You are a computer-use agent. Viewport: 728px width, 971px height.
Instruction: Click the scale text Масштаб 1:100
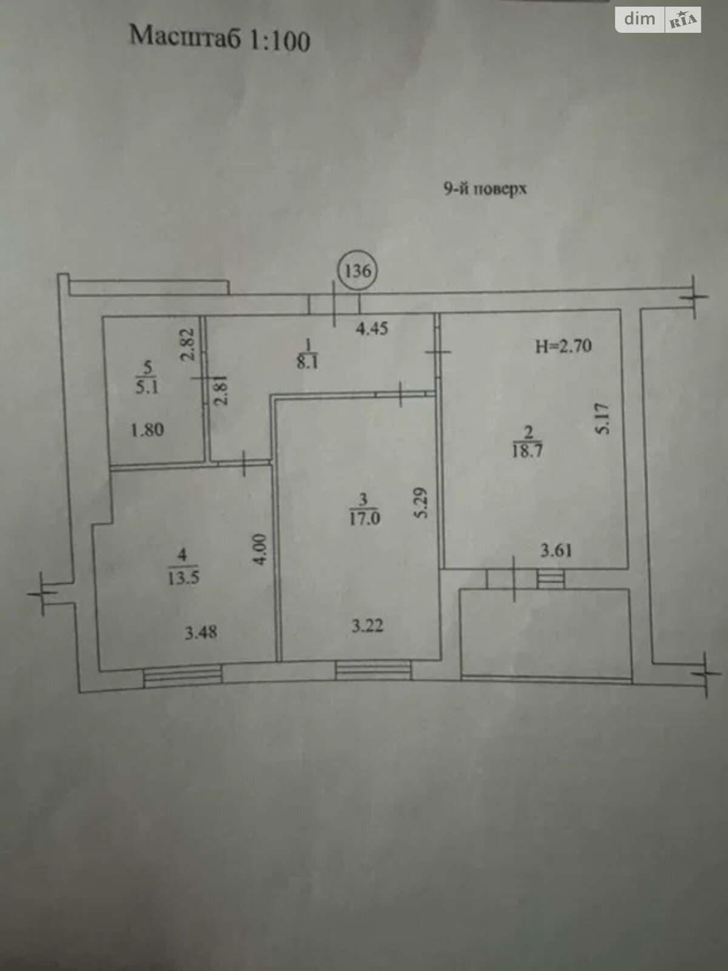coord(220,38)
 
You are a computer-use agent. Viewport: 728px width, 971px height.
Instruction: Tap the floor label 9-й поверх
coord(485,189)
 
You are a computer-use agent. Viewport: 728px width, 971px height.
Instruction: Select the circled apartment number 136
coord(357,270)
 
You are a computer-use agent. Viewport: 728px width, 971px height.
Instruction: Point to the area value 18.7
coord(527,452)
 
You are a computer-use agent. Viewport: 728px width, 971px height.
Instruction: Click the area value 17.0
coord(364,518)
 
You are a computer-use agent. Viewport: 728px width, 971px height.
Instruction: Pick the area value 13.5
coord(183,578)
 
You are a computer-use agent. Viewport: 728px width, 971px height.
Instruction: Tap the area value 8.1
coord(308,363)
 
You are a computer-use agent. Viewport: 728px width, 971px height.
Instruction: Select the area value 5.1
coord(147,388)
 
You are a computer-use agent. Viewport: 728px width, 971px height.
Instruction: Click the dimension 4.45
coord(372,329)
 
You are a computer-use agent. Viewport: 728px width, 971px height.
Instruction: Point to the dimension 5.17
coord(604,419)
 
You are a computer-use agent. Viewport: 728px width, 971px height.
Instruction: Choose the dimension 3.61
coord(556,550)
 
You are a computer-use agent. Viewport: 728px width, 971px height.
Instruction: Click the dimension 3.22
coord(367,626)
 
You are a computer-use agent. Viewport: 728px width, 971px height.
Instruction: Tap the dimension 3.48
coord(201,632)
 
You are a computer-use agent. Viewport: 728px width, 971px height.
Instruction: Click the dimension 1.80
coord(147,430)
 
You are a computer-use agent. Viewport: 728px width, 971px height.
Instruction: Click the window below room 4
coord(183,676)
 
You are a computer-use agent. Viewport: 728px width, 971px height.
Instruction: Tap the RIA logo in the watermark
coord(683,19)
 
